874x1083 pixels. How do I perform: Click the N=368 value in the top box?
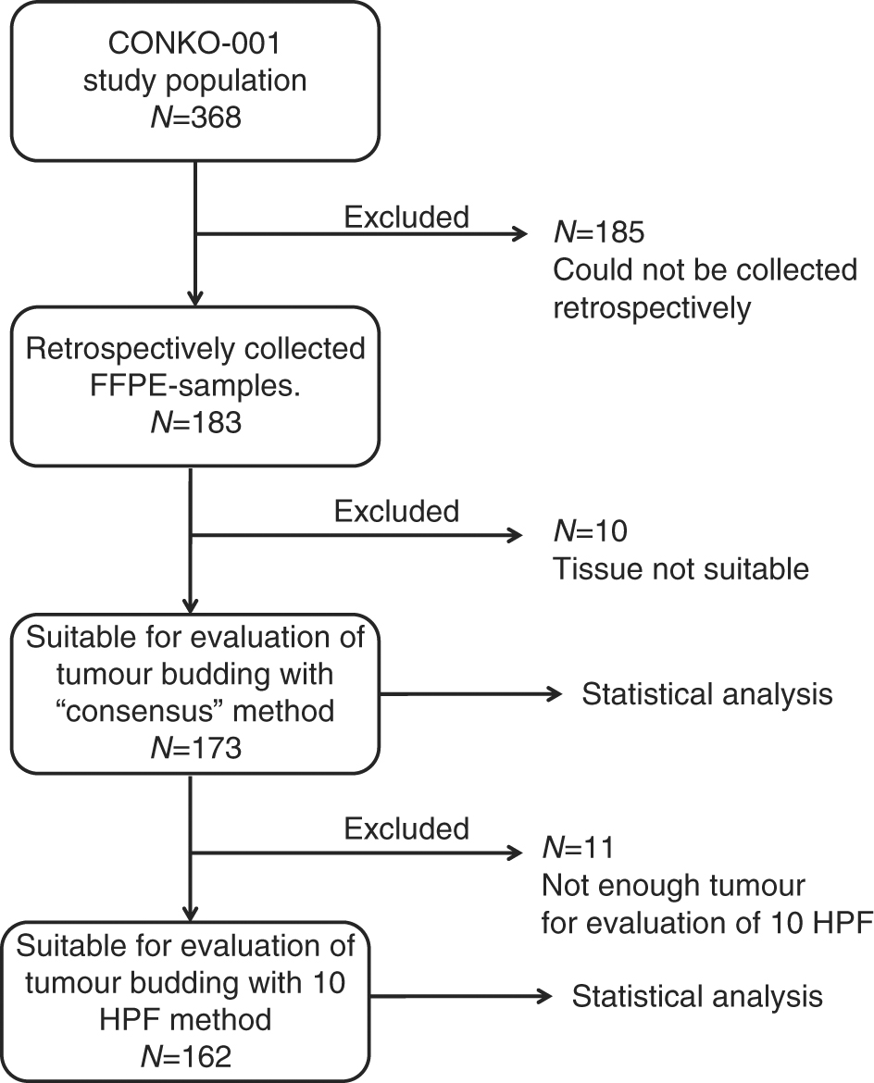195,118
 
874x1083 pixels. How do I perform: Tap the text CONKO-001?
195,44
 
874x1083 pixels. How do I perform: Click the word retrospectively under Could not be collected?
652,307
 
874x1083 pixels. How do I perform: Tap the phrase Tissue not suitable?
680,569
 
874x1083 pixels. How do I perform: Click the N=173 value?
195,747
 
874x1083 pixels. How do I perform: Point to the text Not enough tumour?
674,886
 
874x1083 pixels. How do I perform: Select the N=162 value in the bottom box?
195,1055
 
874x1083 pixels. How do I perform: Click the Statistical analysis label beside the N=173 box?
706,693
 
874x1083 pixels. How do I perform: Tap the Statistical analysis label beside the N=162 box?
696,996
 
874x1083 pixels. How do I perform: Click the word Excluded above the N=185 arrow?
406,217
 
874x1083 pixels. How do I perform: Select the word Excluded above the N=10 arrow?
396,510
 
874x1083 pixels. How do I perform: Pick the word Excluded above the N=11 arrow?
406,828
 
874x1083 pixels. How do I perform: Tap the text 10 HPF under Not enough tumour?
815,923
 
